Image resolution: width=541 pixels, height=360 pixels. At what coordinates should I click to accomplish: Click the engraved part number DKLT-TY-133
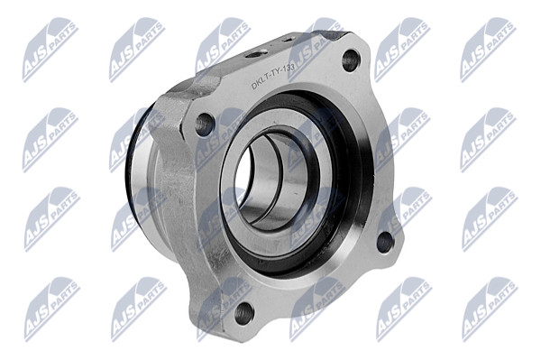[x=272, y=78]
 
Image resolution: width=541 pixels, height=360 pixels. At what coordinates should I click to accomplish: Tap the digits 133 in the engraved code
[x=289, y=69]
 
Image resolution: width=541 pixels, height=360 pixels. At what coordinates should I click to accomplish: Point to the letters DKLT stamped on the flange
[x=261, y=85]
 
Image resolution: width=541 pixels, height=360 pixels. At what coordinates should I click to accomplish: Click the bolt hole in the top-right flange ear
[x=350, y=60]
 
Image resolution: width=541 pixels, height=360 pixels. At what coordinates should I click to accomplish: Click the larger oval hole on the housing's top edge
[x=257, y=53]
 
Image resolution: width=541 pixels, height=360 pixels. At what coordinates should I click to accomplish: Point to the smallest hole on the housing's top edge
[x=288, y=40]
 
